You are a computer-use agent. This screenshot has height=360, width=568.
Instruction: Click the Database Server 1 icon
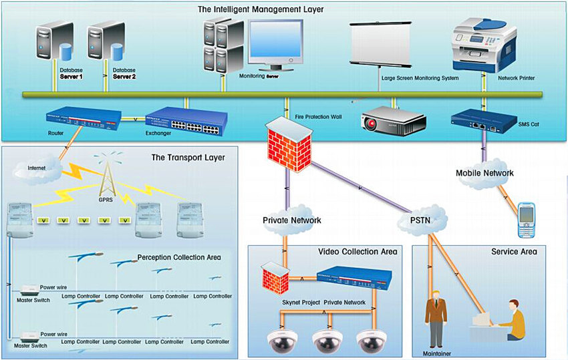[x=54, y=41]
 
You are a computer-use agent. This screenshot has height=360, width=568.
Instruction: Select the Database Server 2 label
[x=124, y=73]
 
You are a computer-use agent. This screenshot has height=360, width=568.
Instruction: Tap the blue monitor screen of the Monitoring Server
[x=276, y=39]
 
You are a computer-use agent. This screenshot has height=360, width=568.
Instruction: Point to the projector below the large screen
[x=393, y=120]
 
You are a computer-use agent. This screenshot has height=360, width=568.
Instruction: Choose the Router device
[x=84, y=118]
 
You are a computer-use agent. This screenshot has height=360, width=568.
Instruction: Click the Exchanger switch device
[x=186, y=122]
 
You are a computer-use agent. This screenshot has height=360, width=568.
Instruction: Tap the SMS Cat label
[x=529, y=124]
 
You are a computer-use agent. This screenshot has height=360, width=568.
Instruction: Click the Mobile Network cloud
[x=484, y=173]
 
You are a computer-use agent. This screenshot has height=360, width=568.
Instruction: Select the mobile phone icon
[x=527, y=220]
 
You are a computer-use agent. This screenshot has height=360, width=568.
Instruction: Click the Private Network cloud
[x=291, y=220]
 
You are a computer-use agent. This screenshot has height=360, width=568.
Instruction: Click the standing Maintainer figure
[x=436, y=319]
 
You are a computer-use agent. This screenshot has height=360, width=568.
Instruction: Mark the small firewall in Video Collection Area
[x=276, y=277]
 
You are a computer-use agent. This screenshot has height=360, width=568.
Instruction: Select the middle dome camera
[x=328, y=341]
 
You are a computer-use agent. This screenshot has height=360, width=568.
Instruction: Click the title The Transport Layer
[x=188, y=158]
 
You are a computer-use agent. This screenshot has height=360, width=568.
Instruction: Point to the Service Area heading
[x=514, y=252]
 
